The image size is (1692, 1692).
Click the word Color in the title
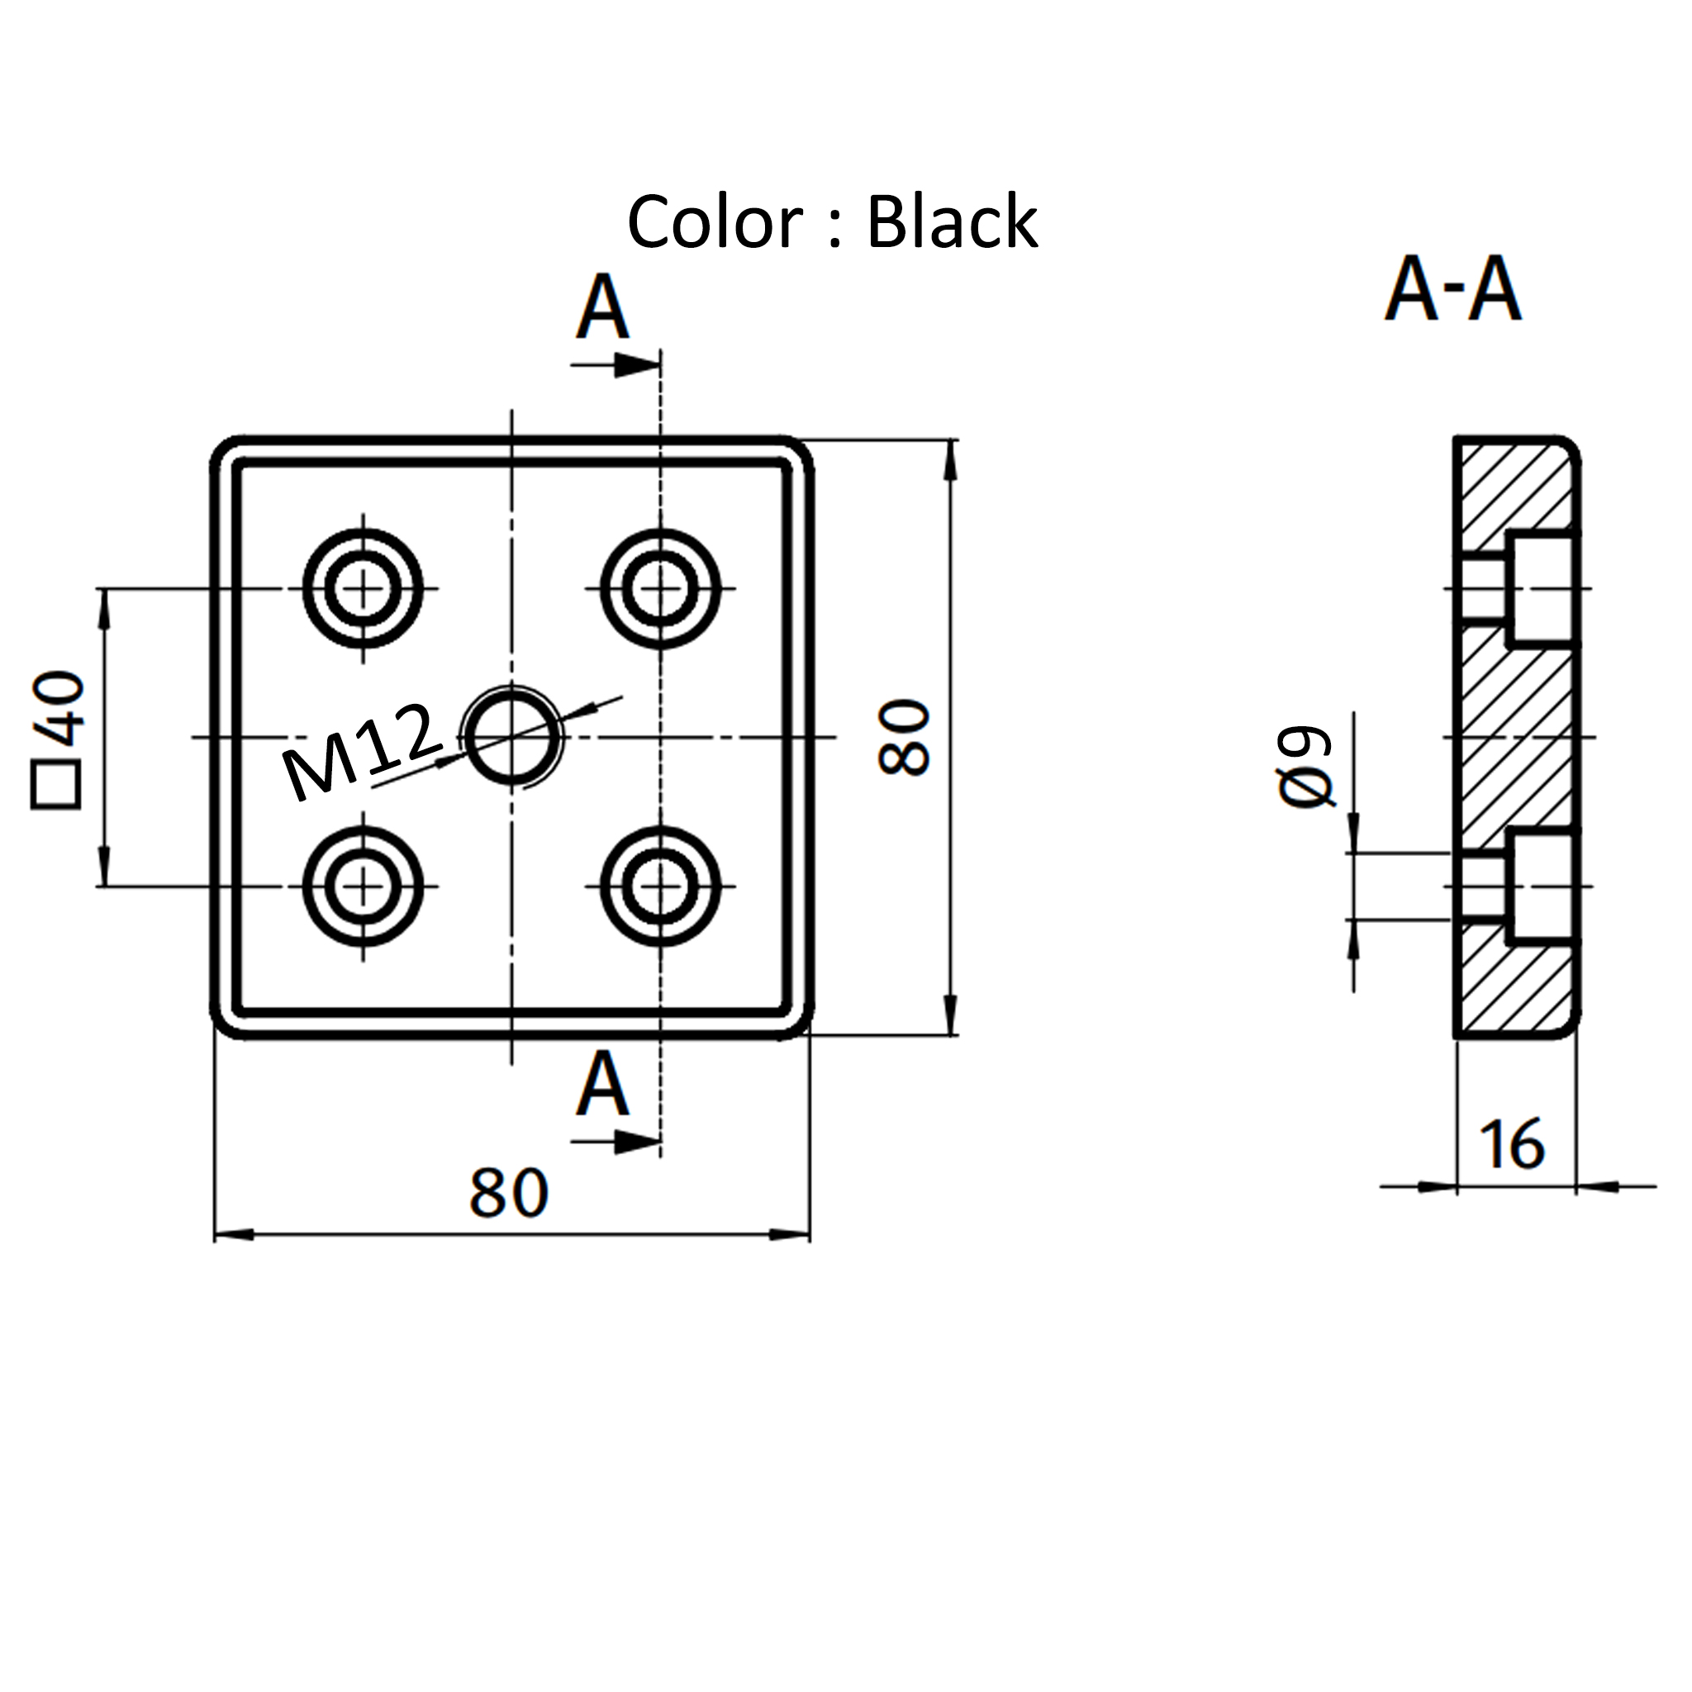[x=715, y=222]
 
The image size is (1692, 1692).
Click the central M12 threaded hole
[x=513, y=736]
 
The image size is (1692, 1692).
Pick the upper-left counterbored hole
[x=364, y=587]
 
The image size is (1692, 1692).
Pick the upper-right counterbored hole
[x=661, y=587]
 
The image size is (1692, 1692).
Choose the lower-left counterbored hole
[x=364, y=886]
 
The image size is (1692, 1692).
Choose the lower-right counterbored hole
[x=661, y=886]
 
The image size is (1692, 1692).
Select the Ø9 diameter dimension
[x=1305, y=768]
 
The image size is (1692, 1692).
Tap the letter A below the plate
[x=602, y=1086]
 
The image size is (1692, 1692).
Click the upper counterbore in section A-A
[x=1543, y=587]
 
